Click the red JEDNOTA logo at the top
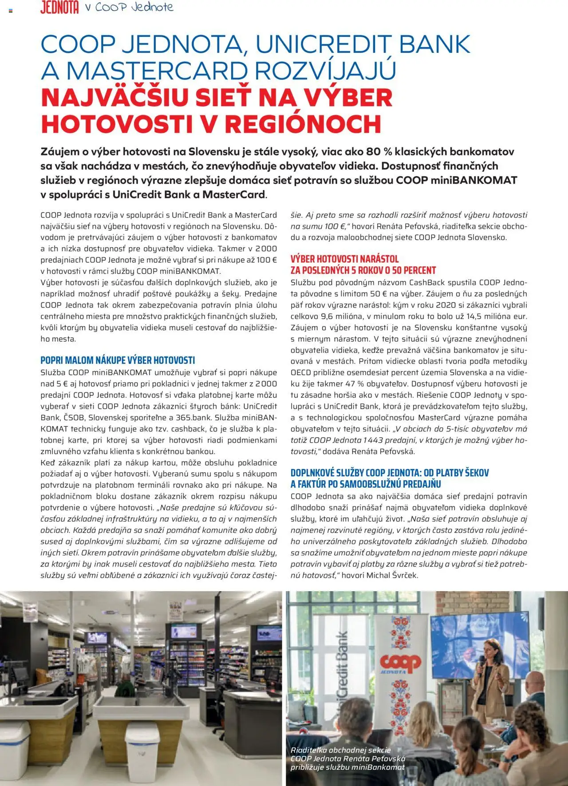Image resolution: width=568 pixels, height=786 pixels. click(x=59, y=8)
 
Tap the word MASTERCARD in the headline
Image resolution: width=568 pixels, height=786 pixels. click(x=157, y=71)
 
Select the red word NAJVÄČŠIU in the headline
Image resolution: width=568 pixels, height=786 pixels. click(x=115, y=98)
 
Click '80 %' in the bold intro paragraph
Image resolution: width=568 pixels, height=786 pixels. click(x=380, y=152)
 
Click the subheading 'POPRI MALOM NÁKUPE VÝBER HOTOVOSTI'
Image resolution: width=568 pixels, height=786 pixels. click(x=118, y=360)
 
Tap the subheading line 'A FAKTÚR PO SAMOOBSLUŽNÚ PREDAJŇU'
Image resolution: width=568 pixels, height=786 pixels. click(x=366, y=484)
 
